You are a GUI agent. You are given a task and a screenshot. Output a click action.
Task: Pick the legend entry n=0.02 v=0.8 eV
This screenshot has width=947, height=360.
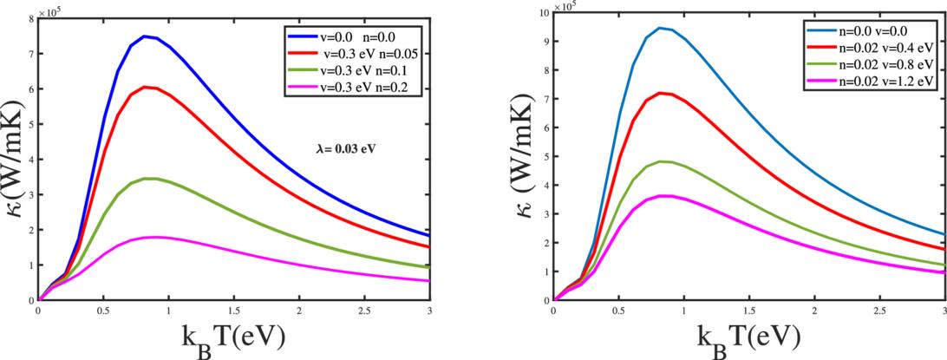coord(887,64)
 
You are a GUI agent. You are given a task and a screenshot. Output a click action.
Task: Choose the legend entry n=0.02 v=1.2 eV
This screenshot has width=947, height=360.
coord(887,80)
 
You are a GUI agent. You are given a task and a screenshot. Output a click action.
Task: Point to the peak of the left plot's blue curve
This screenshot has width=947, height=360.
coord(145,36)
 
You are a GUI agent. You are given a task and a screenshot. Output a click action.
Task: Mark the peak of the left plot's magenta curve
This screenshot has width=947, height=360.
coord(154,237)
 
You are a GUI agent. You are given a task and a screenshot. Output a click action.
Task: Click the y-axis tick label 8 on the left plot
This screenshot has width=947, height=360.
coord(31,18)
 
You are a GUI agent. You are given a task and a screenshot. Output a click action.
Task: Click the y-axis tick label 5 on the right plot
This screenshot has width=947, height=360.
coord(546,157)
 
